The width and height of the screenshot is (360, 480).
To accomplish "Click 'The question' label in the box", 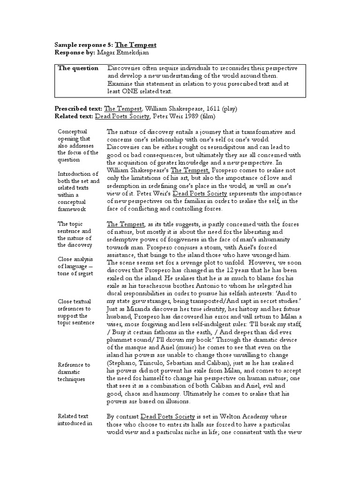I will tap(78, 68).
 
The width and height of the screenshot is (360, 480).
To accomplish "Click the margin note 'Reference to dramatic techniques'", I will tap(74, 372).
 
